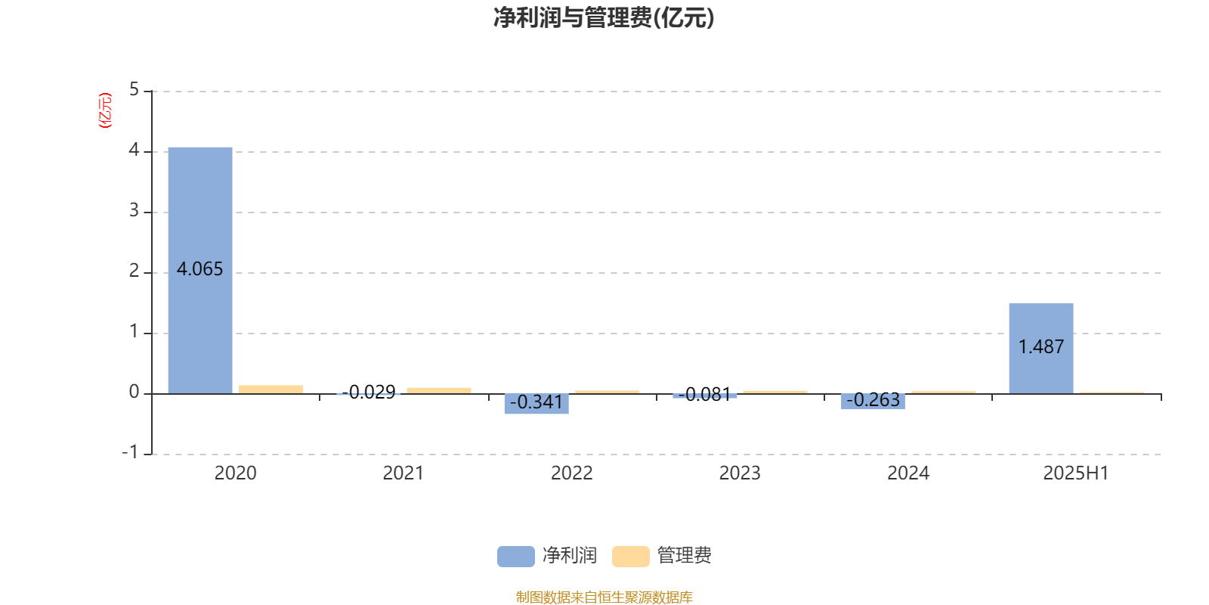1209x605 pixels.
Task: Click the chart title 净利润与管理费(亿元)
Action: [x=604, y=18]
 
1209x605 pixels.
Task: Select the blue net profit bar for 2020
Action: [x=200, y=271]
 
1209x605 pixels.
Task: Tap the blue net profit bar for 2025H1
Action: [x=1041, y=349]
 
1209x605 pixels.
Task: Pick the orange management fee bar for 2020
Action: [x=271, y=389]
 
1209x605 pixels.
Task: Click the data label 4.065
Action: [x=199, y=269]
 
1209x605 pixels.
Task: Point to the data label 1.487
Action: [x=1041, y=347]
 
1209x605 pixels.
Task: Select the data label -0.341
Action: [x=536, y=402]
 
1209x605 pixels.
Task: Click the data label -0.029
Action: [x=369, y=392]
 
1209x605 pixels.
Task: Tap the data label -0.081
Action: [x=704, y=394]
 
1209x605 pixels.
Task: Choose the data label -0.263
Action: [x=873, y=400]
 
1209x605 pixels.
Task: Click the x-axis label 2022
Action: [x=571, y=473]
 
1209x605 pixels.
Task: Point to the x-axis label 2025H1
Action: [x=1076, y=473]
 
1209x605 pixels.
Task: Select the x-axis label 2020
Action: [x=235, y=473]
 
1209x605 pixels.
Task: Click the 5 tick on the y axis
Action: [x=134, y=90]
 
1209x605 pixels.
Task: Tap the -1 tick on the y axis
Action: [x=129, y=452]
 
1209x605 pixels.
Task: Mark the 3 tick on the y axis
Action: [x=134, y=211]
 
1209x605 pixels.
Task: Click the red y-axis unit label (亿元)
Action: [x=105, y=110]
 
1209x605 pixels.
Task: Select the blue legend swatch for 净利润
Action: [x=516, y=557]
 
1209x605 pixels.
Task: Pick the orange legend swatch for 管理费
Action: [x=630, y=557]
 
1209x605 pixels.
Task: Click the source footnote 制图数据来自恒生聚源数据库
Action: [x=604, y=597]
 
